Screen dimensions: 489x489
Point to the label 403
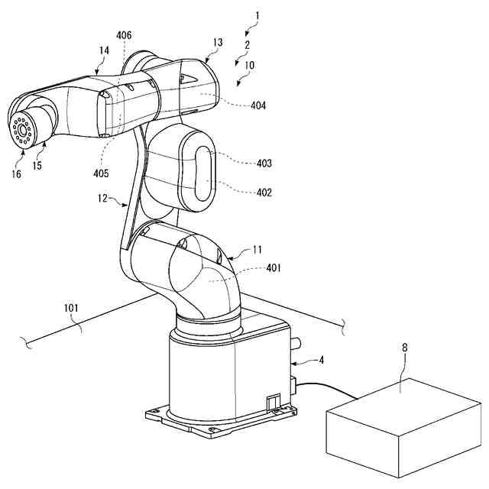click(x=264, y=163)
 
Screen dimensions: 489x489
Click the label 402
click(x=264, y=193)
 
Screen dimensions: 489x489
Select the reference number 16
click(x=17, y=174)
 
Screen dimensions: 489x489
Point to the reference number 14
click(x=103, y=50)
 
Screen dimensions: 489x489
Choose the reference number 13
click(x=218, y=43)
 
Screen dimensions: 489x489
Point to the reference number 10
click(x=251, y=66)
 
